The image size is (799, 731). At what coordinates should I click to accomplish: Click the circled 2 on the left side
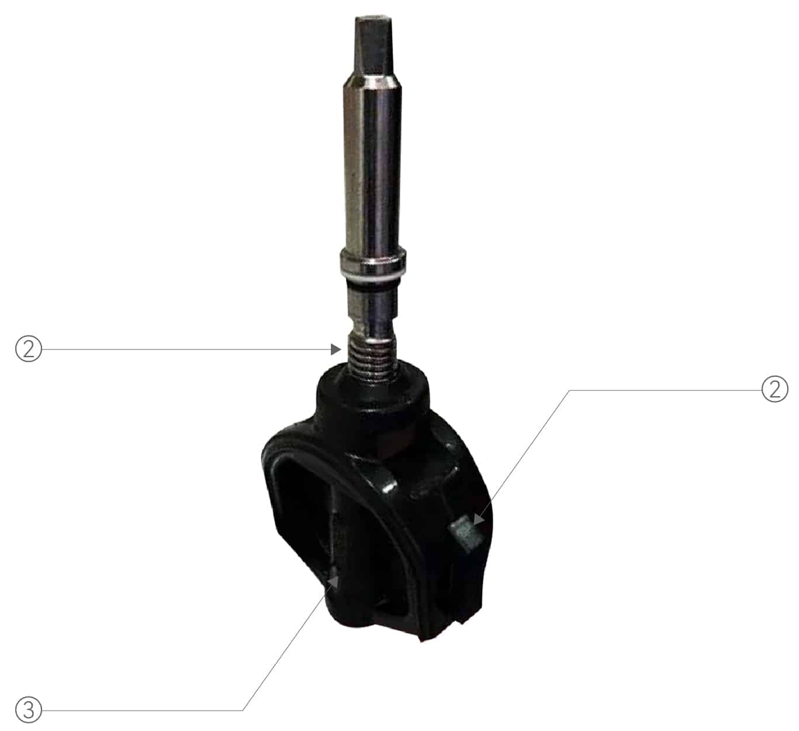tap(28, 349)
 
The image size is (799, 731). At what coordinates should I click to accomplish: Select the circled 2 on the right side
tap(774, 389)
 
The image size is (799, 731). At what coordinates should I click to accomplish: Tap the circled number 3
tap(28, 710)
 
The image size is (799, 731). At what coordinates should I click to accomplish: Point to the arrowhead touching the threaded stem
tap(335, 349)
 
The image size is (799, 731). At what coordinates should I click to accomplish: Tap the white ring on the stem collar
tap(372, 272)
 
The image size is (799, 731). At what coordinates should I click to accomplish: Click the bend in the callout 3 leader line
tap(243, 710)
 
